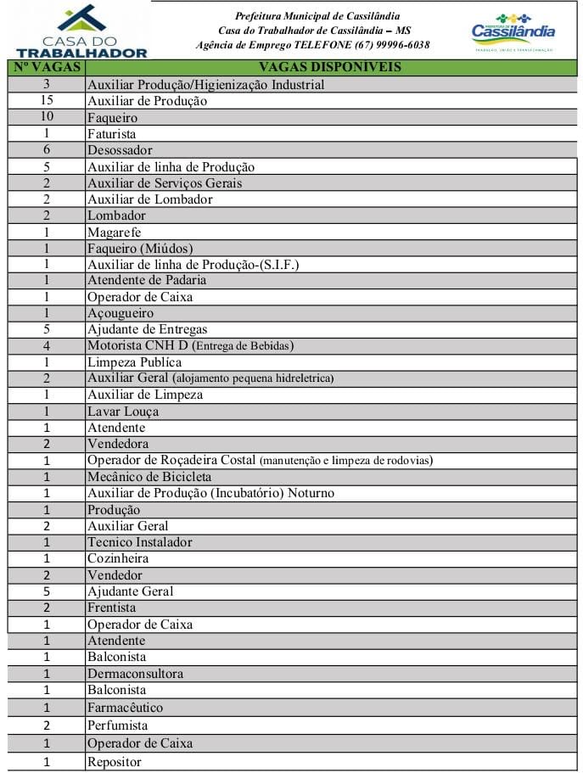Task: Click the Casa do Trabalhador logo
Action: [x=81, y=31]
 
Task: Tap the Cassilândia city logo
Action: [x=513, y=32]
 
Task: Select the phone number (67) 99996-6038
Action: [x=396, y=45]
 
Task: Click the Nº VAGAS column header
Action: [x=47, y=67]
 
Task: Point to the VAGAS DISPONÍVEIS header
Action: [x=330, y=67]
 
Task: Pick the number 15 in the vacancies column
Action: [x=47, y=101]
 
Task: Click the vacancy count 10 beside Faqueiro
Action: [x=47, y=117]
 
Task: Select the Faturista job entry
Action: [x=111, y=134]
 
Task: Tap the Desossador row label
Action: [x=120, y=150]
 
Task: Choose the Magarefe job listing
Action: [x=114, y=232]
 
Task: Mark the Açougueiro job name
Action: [x=121, y=313]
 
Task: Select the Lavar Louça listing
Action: [x=123, y=412]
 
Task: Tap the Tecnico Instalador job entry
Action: [x=139, y=542]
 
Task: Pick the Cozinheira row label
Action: [x=118, y=558]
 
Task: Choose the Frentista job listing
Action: [x=111, y=608]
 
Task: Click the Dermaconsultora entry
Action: [x=135, y=674]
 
